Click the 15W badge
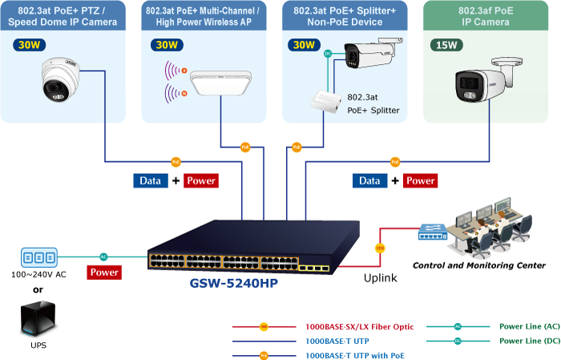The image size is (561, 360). [446, 46]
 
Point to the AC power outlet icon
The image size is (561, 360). [38, 257]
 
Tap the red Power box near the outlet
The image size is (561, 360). [104, 272]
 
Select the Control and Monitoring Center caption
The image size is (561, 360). [478, 265]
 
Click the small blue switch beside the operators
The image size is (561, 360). [434, 233]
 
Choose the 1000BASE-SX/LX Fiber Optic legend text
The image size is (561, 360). [360, 326]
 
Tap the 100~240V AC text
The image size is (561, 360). [38, 275]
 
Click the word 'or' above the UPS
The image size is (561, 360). [38, 289]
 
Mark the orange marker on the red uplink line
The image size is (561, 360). [380, 249]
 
